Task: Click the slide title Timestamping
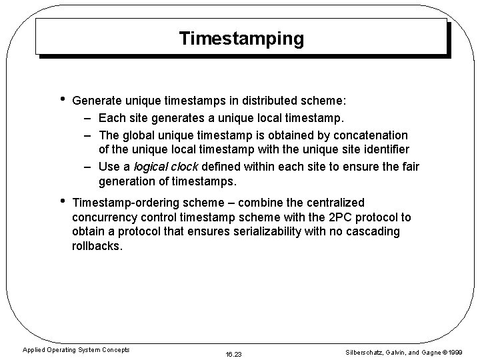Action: coord(241,39)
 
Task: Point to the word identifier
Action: coord(380,150)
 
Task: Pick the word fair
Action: coord(410,167)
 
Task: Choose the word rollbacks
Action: coord(97,246)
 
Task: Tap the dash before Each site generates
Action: coord(88,119)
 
